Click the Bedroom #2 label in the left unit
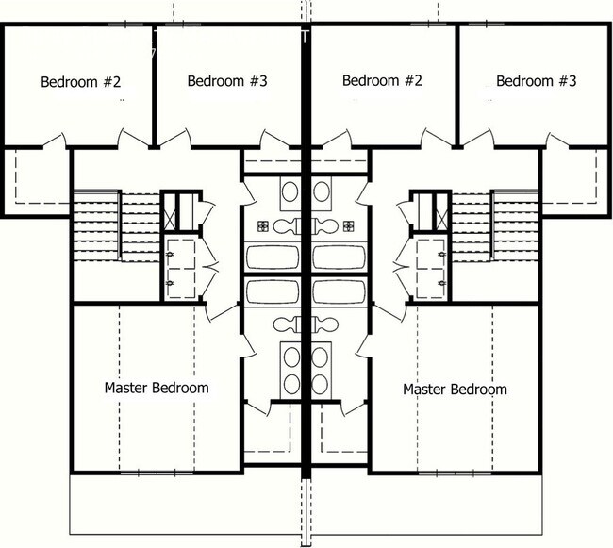click(x=81, y=81)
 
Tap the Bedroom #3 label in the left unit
click(x=228, y=81)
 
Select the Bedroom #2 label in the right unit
click(x=382, y=81)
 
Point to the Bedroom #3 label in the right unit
click(x=536, y=81)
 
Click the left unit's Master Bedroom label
click(x=157, y=388)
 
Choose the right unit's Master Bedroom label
click(x=455, y=389)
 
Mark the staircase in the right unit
click(x=515, y=226)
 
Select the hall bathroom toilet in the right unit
click(x=325, y=225)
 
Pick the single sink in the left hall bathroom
click(x=291, y=193)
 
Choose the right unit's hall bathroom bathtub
click(x=340, y=257)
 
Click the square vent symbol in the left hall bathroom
click(x=265, y=225)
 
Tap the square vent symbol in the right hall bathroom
click(x=350, y=225)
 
